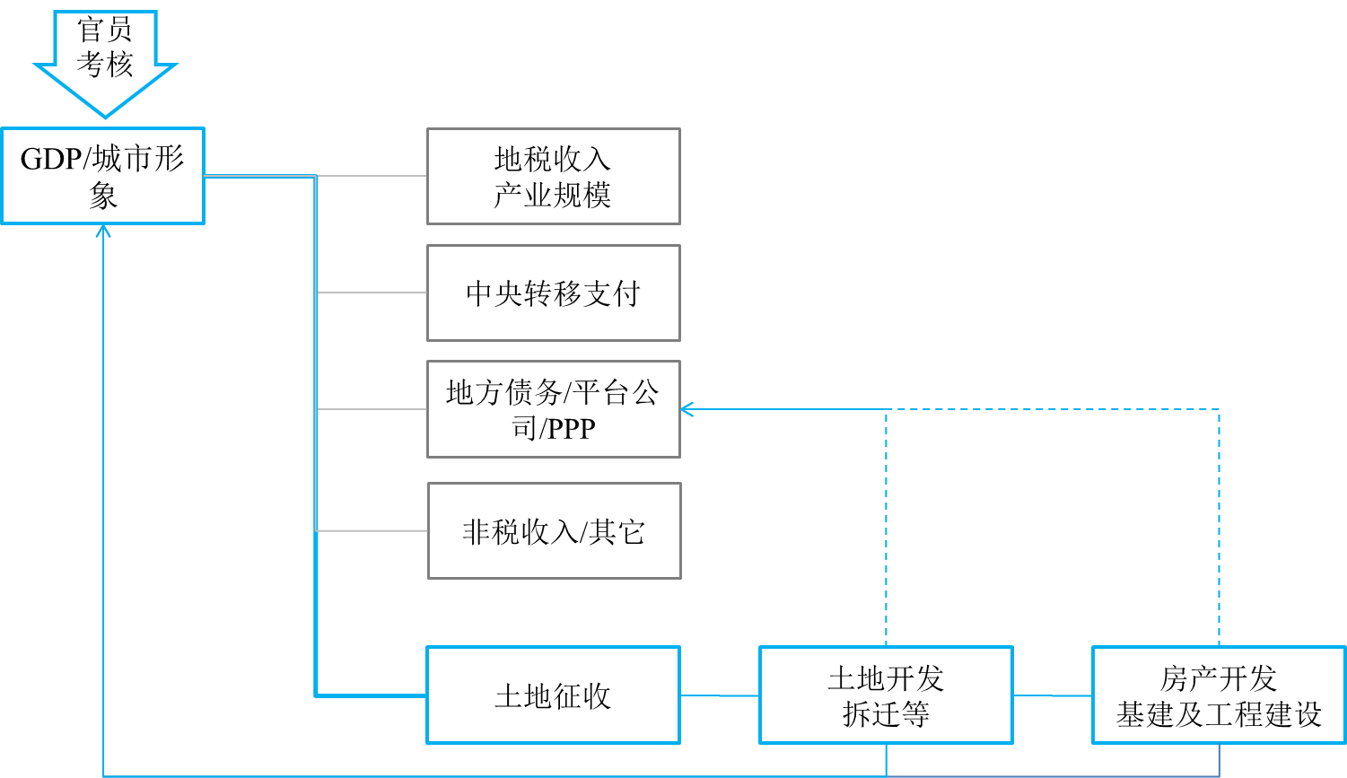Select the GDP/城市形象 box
click(102, 176)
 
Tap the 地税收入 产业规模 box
click(553, 176)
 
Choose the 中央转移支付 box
click(553, 293)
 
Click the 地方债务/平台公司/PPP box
click(553, 409)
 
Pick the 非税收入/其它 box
click(554, 531)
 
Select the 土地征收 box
click(553, 695)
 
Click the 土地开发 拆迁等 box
click(886, 695)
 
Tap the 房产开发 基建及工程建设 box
click(1219, 695)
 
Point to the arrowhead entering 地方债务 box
click(687, 409)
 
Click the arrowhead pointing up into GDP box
click(103, 232)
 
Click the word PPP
click(572, 429)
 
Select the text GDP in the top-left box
click(51, 160)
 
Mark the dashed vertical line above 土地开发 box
click(887, 529)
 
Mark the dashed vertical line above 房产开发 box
click(1219, 529)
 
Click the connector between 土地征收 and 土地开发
click(720, 695)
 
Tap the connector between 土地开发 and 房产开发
click(1052, 695)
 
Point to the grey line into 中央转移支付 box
click(372, 293)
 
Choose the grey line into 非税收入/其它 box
click(372, 531)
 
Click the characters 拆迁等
click(886, 714)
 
